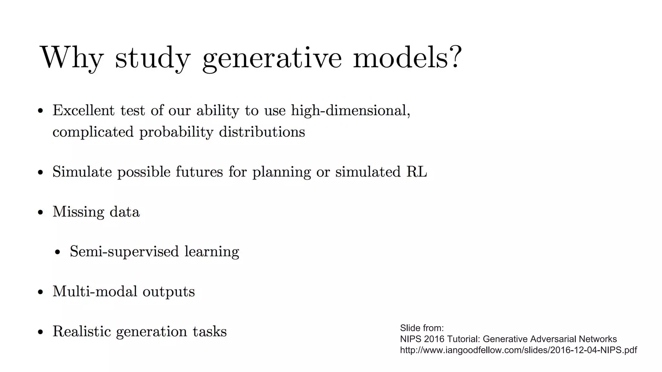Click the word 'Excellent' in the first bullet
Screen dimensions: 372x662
coord(83,110)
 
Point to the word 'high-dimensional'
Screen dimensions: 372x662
coord(350,111)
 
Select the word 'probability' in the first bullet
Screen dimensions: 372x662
coord(176,132)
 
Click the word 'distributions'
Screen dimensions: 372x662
coord(262,132)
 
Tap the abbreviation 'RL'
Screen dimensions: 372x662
coord(417,171)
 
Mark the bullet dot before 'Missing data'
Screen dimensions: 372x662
coord(40,212)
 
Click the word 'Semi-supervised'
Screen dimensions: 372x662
coord(124,252)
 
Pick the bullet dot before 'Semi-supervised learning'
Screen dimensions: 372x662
coord(58,252)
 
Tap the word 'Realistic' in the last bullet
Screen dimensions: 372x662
coord(81,331)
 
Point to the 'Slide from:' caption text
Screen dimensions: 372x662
coord(422,328)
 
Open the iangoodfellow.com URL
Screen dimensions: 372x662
coord(518,350)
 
